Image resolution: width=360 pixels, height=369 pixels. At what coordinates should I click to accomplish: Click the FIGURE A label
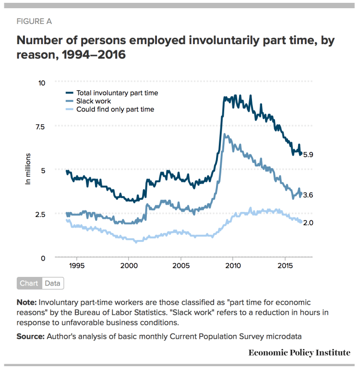click(34, 22)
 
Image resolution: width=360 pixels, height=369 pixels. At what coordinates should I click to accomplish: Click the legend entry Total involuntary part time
click(117, 93)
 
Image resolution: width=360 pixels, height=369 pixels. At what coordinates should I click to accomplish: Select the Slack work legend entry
click(94, 101)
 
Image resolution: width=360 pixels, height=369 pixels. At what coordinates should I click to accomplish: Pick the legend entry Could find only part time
click(115, 109)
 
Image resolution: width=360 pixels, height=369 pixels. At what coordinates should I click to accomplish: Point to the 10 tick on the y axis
click(42, 83)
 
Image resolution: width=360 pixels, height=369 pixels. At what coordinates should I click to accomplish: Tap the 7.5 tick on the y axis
click(40, 127)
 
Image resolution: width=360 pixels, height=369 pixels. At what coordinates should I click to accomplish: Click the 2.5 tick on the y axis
click(40, 214)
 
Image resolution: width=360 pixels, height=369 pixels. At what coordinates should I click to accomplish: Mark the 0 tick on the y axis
click(43, 258)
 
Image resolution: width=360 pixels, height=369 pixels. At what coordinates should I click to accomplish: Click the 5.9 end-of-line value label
click(308, 155)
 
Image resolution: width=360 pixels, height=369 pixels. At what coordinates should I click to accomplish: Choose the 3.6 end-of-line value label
click(308, 195)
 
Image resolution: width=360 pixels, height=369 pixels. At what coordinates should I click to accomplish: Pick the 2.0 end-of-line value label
click(308, 223)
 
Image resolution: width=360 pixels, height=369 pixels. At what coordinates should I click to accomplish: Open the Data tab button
click(53, 283)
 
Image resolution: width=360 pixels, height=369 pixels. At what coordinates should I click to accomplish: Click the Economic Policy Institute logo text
click(300, 353)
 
